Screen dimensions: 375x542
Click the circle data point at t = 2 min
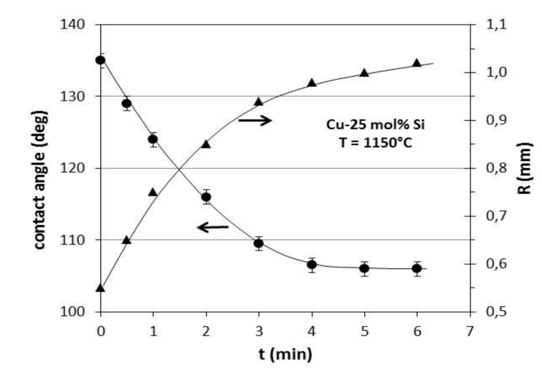206,197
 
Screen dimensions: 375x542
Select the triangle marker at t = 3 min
259,102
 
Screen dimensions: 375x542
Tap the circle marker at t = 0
101,60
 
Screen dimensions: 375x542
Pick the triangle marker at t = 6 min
417,63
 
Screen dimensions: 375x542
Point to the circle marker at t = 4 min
312,264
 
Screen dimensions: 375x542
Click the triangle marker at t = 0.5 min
127,240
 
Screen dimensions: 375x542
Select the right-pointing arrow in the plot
255,121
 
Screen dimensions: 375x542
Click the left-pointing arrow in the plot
212,227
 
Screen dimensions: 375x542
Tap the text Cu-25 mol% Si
367,125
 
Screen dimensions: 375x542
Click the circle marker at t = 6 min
417,269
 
